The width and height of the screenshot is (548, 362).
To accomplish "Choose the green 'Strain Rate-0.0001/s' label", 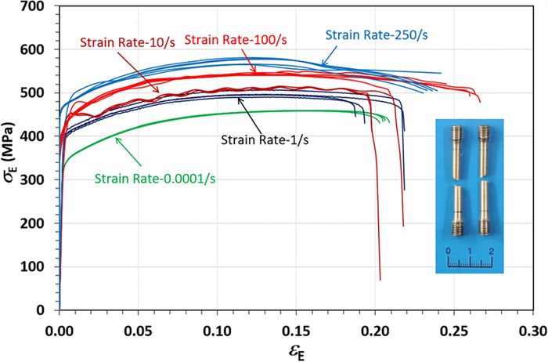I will pyautogui.click(x=155, y=178).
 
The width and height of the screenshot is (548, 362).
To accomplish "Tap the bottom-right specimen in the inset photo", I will pyautogui.click(x=484, y=208).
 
